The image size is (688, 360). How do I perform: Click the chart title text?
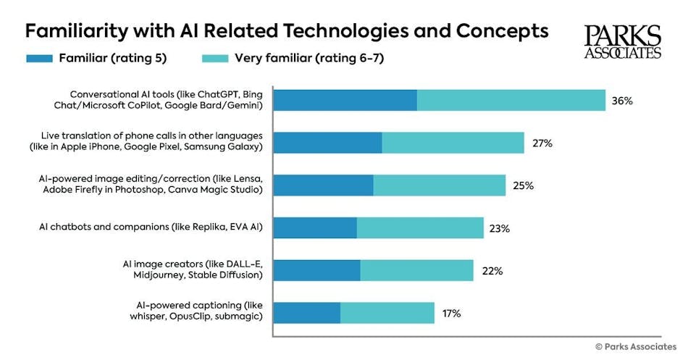286,31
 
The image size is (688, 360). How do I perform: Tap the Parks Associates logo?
622,41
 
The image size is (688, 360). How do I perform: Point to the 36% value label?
622,101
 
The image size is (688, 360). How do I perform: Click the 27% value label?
542,143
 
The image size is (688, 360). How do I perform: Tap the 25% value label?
523,185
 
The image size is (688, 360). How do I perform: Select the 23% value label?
499,228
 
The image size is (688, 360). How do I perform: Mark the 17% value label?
450,314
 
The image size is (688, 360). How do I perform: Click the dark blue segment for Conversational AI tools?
345,101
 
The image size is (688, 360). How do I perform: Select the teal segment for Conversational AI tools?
511,101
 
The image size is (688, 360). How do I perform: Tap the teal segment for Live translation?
453,143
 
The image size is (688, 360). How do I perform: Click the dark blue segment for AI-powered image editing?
323,185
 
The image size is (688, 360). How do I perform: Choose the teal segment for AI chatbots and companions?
419,228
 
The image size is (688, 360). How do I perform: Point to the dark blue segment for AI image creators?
316,271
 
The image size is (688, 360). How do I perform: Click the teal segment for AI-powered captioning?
387,314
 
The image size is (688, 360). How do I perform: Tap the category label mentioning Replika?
151,227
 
